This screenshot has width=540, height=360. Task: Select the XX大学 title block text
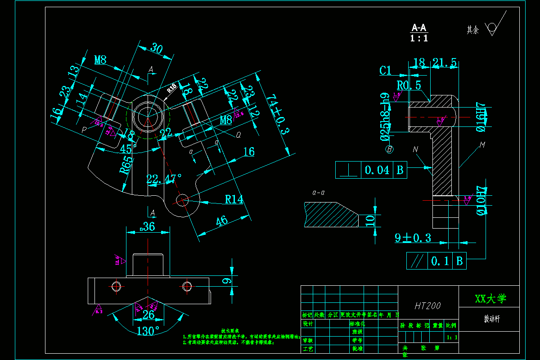point(490,298)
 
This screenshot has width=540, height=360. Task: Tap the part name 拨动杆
point(491,319)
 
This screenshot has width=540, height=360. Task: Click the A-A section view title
point(419,27)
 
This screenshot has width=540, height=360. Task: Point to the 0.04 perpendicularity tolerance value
point(377,170)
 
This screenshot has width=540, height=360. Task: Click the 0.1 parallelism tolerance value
point(441,261)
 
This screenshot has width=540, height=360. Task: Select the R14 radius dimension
point(234,199)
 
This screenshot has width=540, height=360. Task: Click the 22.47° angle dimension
point(164,179)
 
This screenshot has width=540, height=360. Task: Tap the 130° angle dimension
point(148,331)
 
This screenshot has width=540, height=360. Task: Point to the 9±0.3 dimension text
point(413,238)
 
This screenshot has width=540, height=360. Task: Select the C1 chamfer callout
point(386,70)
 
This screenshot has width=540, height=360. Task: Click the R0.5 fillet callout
point(409,85)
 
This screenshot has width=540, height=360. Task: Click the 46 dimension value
point(222,221)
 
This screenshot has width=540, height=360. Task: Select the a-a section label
point(319,193)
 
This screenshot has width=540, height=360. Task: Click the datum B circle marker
point(389,148)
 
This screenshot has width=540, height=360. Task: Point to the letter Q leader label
point(238,134)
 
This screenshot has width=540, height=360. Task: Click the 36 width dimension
point(148,226)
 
